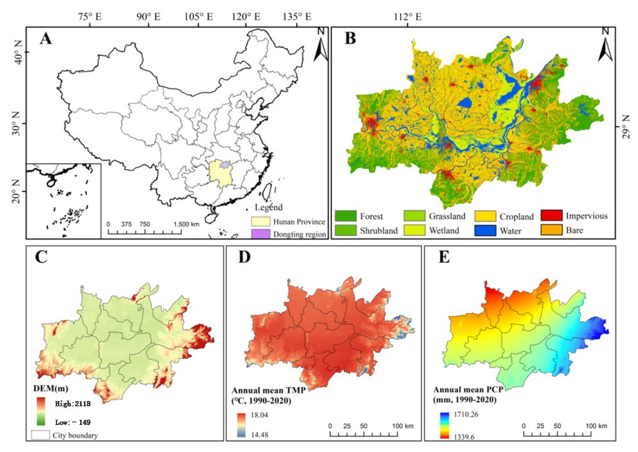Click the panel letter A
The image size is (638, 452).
(46, 39)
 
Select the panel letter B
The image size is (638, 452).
(350, 38)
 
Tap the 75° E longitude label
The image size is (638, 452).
(90, 17)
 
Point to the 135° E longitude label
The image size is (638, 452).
(297, 17)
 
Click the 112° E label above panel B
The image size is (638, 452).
(408, 17)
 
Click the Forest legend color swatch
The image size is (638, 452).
(345, 216)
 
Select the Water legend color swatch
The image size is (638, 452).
(485, 231)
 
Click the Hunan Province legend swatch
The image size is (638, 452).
(261, 222)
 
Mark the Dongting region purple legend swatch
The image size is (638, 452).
(261, 234)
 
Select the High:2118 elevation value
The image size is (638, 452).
(73, 404)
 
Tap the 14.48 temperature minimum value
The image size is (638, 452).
(259, 434)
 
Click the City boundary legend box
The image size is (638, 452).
(40, 435)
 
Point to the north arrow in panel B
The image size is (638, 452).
(605, 47)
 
